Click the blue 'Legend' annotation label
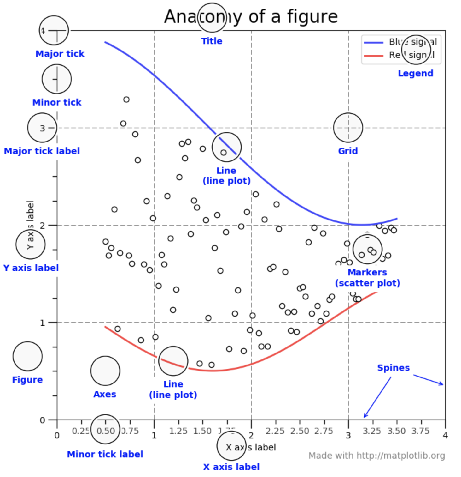(x=415, y=73)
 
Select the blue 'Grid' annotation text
(x=348, y=151)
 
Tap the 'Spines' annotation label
(x=393, y=368)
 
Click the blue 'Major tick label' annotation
(x=42, y=151)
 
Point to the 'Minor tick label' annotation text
(x=105, y=454)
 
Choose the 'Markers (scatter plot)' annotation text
(x=367, y=278)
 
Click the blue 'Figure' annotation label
(x=27, y=380)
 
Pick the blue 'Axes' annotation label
(x=105, y=394)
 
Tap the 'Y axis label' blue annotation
(x=31, y=268)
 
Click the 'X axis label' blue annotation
(x=231, y=467)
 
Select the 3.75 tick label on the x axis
(x=421, y=431)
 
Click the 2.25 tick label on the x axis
(x=275, y=431)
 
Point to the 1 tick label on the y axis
(x=42, y=323)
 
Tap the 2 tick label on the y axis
(x=42, y=226)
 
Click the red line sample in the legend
(x=373, y=56)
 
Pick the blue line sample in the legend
(x=373, y=42)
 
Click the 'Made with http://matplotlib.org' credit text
(x=376, y=456)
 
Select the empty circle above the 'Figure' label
(x=27, y=356)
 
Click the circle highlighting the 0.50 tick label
(x=105, y=429)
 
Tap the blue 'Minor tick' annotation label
(x=57, y=102)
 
